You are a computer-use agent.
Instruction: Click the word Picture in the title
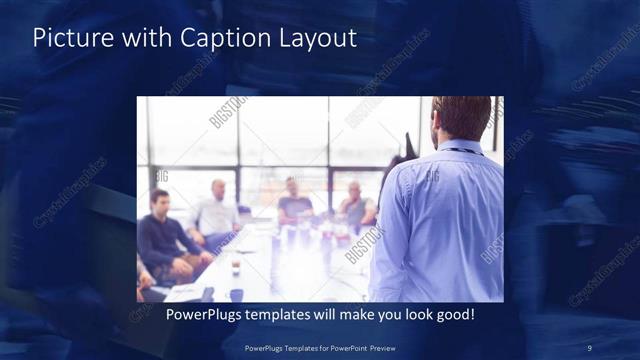pyautogui.click(x=68, y=39)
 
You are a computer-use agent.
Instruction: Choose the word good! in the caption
pyautogui.click(x=453, y=315)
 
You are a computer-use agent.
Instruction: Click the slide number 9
pyautogui.click(x=591, y=348)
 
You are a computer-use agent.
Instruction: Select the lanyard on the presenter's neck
pyautogui.click(x=462, y=150)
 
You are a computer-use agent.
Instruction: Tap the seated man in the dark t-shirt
pyautogui.click(x=296, y=205)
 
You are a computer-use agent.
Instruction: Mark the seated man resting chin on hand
pyautogui.click(x=355, y=205)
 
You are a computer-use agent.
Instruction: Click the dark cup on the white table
pyautogui.click(x=236, y=267)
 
